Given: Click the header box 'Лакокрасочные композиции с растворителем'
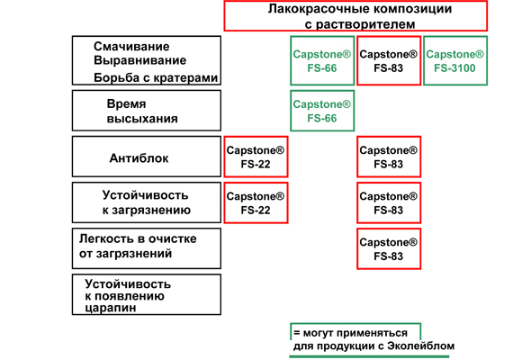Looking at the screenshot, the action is [355, 16].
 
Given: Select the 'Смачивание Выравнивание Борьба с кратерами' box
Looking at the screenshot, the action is [147, 60].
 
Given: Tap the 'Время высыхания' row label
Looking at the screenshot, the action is [147, 111].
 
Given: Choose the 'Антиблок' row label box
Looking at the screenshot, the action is [147, 157].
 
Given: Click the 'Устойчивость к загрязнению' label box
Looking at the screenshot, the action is [147, 202].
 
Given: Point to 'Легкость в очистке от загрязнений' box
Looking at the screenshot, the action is [147, 248].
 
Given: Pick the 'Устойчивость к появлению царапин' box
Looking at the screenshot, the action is [147, 294].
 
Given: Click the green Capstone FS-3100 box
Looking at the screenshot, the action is [455, 60].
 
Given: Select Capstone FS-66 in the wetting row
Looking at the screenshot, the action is [322, 60].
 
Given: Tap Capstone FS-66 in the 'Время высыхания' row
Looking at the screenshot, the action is [322, 111].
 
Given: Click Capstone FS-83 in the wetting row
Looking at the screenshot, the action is [389, 60].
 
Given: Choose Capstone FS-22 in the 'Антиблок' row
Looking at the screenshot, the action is [256, 157].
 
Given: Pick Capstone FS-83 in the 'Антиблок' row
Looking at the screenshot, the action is [389, 157].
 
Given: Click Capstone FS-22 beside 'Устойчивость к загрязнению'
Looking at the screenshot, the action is [256, 202].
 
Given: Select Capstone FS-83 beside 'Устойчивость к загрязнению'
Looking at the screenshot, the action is [389, 202].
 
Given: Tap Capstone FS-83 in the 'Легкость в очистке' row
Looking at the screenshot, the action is [389, 248].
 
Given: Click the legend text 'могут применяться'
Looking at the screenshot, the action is [355, 333].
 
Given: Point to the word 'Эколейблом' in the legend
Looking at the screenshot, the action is [421, 346].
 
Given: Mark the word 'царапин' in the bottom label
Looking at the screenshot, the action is [111, 308].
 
